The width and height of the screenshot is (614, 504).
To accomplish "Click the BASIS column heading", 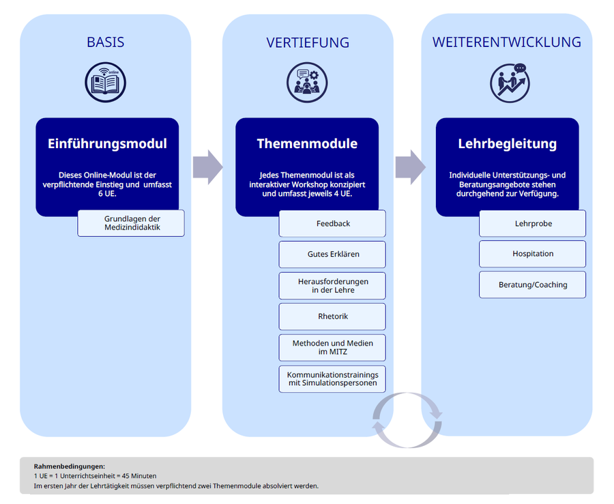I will coord(105,42).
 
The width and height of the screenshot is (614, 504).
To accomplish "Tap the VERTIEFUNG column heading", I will coord(308,42).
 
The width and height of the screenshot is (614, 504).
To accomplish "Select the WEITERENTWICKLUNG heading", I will coord(507,42).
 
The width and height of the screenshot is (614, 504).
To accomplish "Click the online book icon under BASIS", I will coord(106,83).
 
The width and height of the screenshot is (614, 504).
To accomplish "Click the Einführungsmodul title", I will coord(107,143).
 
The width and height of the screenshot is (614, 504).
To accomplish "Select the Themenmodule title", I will coord(307,143).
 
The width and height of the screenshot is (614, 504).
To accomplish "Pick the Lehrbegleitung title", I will coord(507,143).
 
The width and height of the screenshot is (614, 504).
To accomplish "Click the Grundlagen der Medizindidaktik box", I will coord(131,223).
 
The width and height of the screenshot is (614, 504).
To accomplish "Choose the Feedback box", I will coord(332,223).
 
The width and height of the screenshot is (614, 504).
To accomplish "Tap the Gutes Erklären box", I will coord(332,254).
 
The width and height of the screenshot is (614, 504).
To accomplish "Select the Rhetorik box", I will coord(332,316).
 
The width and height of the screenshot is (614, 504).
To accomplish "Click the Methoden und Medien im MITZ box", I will coord(332,347).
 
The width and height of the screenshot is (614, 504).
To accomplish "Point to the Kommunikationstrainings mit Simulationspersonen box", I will coord(332,378).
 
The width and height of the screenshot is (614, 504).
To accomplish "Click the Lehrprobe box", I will coord(532,223).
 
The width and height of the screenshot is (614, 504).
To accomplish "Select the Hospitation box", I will coord(532,253).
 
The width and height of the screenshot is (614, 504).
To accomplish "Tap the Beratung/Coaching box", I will coord(532,284).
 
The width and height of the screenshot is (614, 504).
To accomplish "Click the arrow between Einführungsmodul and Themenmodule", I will coord(207,167).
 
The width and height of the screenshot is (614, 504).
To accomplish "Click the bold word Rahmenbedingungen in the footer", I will coord(69,466).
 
